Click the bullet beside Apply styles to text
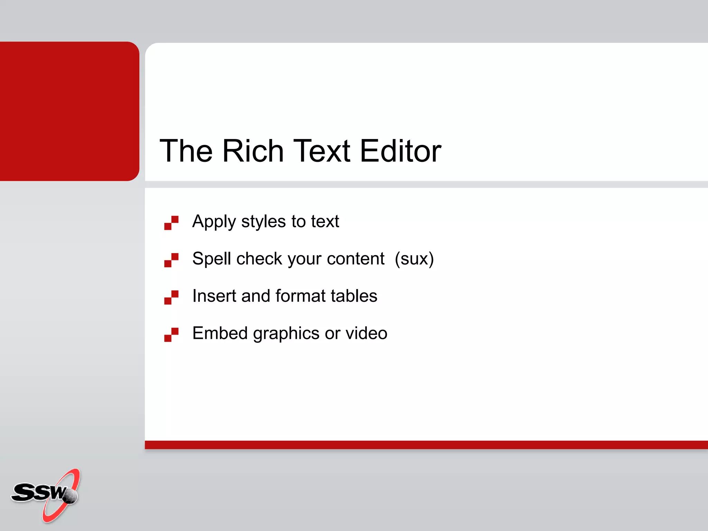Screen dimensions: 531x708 click(171, 223)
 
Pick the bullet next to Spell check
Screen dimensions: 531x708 click(171, 260)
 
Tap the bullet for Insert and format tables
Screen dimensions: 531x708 click(171, 297)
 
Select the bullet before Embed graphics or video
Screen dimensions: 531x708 click(171, 335)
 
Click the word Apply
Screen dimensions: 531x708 click(214, 222)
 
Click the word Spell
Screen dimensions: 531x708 click(212, 259)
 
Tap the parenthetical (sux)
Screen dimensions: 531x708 click(414, 259)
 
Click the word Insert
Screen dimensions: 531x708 click(214, 296)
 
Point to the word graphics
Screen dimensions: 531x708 click(286, 334)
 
